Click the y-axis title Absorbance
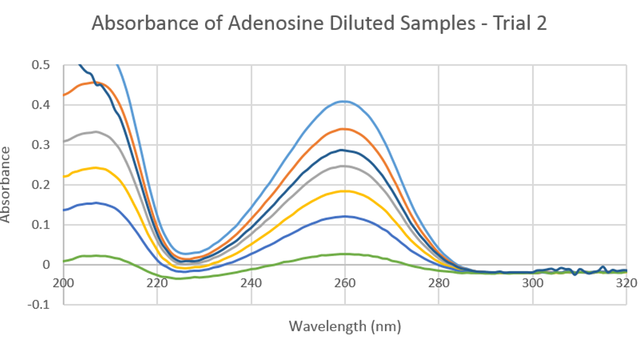pos(6,185)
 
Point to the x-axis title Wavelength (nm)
pos(345,326)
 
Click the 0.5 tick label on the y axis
pos(41,65)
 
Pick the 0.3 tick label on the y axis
pos(41,145)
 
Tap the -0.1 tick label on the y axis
pos(38,304)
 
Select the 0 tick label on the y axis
pos(46,265)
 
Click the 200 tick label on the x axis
pos(64,283)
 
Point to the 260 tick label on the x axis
pos(345,283)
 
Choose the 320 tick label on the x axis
pos(626,283)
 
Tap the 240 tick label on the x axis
pos(251,283)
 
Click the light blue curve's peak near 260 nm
pos(345,101)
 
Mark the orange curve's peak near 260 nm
pos(345,129)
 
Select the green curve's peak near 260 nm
pos(345,254)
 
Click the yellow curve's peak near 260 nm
pos(345,191)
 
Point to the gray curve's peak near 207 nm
pos(96,132)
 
